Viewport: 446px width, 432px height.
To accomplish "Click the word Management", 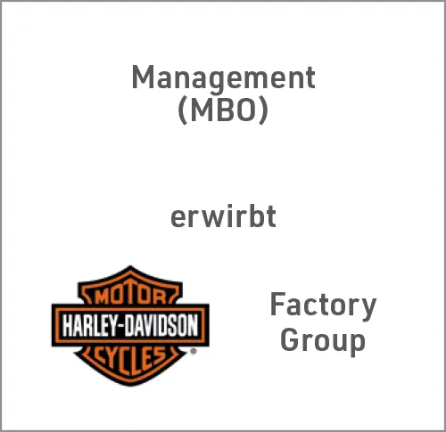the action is click(223, 78).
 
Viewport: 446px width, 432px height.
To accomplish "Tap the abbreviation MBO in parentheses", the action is click(223, 110).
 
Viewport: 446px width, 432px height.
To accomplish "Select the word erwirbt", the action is click(223, 216).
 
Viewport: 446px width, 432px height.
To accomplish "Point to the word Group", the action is click(323, 341).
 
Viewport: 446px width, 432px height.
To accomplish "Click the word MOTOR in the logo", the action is click(130, 296).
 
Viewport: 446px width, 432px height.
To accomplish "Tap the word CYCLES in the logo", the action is click(130, 360).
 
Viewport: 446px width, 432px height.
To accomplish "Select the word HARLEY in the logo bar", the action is click(89, 325).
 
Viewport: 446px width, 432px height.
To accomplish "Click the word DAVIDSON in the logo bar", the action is click(161, 325).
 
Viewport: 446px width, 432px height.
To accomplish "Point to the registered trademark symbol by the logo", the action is click(194, 352).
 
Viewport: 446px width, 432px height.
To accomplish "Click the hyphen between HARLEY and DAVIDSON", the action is click(120, 326).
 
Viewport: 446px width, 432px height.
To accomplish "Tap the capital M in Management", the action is click(143, 77).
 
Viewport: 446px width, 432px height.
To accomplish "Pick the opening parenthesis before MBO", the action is click(183, 111).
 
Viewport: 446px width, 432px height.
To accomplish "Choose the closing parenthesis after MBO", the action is click(263, 111).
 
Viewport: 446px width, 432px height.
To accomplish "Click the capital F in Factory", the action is click(277, 304).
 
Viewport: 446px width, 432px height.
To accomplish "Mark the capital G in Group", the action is click(289, 338).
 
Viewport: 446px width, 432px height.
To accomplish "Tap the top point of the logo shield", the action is click(130, 266).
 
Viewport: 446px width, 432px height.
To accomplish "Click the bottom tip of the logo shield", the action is click(130, 386).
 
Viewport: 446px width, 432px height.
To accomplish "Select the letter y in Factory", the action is click(368, 310).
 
